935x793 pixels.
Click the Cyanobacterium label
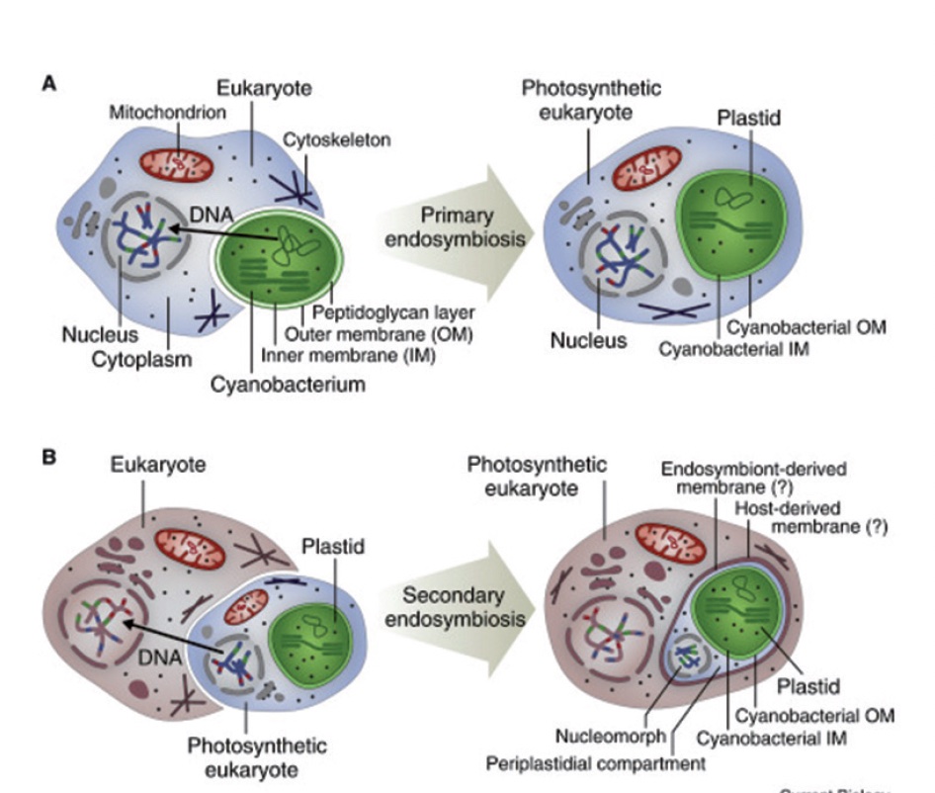288,384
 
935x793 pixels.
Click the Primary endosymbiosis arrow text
450,225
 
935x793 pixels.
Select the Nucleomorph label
599,737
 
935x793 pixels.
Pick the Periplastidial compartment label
595,763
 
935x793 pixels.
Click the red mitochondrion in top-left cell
176,163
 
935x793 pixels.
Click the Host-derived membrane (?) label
810,516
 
